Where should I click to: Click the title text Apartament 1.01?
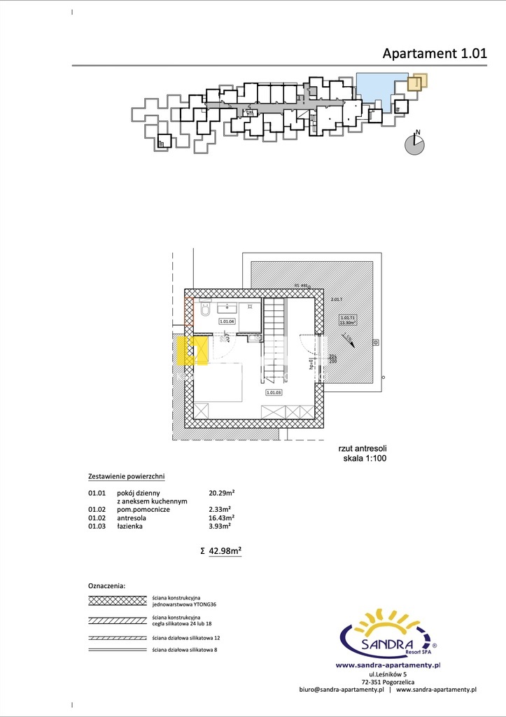(x=434, y=53)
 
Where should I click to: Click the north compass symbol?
(x=415, y=144)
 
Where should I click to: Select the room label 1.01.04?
(x=227, y=321)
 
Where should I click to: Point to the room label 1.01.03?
(x=273, y=392)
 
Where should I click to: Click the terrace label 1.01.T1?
(x=348, y=318)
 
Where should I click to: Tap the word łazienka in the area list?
(x=130, y=526)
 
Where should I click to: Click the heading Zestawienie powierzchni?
(x=126, y=476)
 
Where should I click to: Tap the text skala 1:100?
(x=364, y=459)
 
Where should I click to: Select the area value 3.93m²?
(x=220, y=526)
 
